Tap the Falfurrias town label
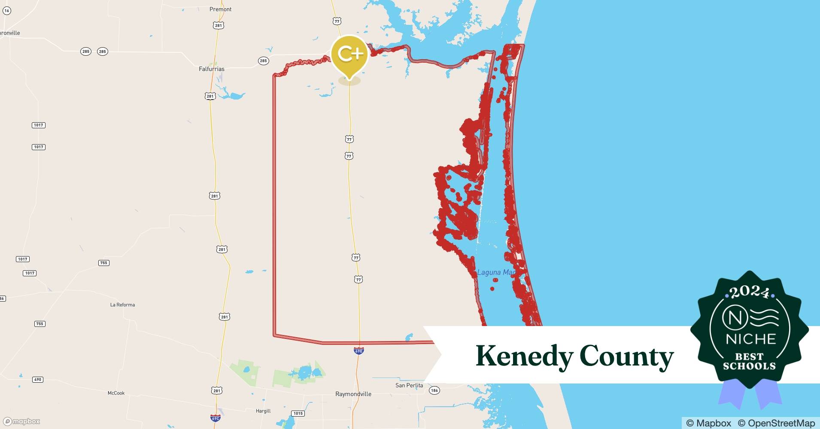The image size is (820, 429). click(x=211, y=69)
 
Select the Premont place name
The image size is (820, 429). click(x=220, y=9)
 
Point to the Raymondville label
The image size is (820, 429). click(x=353, y=394)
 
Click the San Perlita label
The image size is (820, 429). click(x=409, y=385)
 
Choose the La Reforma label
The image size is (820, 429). click(x=122, y=305)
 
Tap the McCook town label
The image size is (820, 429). click(x=116, y=393)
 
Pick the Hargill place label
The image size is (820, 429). click(x=263, y=411)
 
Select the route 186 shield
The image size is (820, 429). click(x=434, y=390)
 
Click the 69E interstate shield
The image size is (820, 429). click(x=359, y=350)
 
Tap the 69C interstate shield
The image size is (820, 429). click(x=216, y=417)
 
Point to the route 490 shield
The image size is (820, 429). click(x=38, y=380)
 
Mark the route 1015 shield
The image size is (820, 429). click(x=298, y=414)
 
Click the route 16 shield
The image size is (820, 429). click(x=7, y=11)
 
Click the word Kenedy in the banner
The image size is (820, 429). click(x=524, y=356)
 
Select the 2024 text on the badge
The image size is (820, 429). click(x=750, y=293)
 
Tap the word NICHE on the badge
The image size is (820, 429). click(x=751, y=339)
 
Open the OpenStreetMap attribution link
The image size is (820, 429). click(x=776, y=423)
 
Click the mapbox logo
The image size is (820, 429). click(x=22, y=421)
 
